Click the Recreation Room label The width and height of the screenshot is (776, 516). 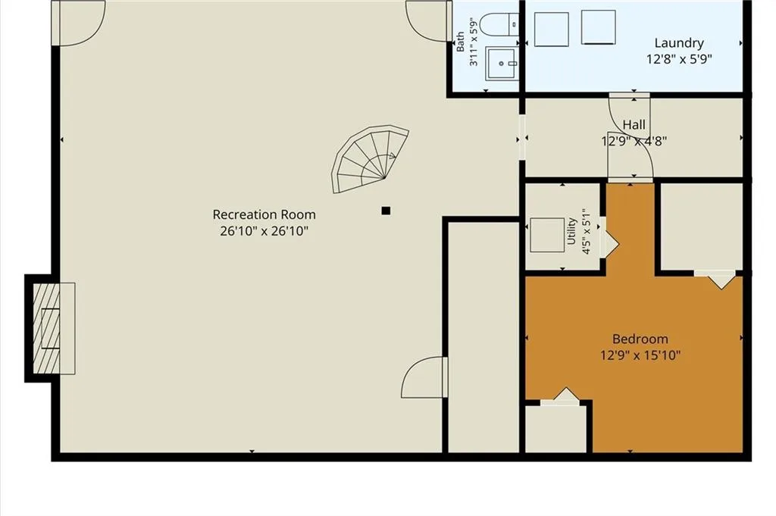coord(264,214)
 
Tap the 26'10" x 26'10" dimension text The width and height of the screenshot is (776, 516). coord(264,231)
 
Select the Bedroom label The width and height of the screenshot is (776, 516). coord(640,339)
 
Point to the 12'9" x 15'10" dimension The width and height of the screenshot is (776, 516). coord(640,355)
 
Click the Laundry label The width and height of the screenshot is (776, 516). coord(679,43)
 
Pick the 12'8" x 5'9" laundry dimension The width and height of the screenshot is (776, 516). coord(679,59)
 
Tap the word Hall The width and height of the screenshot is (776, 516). coord(634,125)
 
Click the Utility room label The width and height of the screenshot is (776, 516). coord(571,231)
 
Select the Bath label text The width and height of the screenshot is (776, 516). coord(460,42)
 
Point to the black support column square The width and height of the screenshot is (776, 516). coord(386,211)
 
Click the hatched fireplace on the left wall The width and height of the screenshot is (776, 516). coord(46,329)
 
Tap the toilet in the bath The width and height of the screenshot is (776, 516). coord(499,24)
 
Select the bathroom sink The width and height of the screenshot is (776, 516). coord(502,64)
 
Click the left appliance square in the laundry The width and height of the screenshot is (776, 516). coord(552,30)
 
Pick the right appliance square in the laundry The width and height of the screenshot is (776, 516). coord(599,27)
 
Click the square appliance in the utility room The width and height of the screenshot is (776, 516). coord(547,235)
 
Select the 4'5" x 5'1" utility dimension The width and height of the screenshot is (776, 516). coord(587,231)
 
